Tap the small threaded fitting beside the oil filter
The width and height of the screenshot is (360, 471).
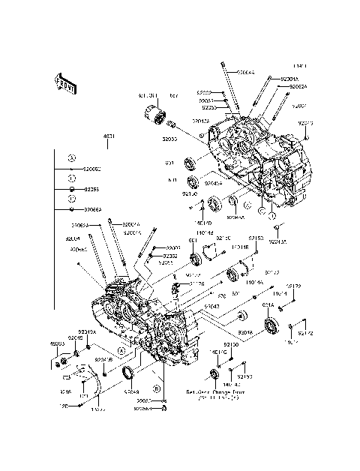coord(172,124)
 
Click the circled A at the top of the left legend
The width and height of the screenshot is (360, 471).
coord(72,158)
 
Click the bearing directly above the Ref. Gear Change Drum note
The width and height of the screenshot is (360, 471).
coord(215,373)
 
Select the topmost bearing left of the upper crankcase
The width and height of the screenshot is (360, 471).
coord(191,163)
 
